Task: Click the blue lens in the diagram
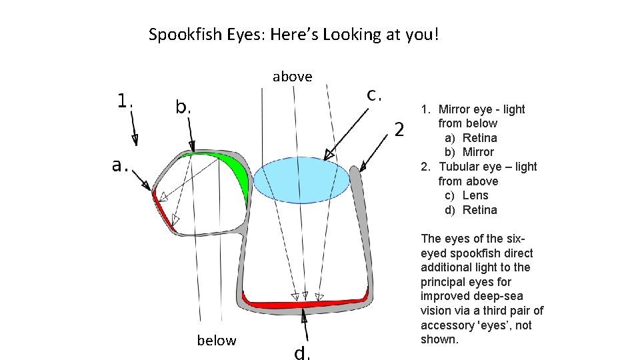[303, 179]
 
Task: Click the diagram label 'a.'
[120, 165]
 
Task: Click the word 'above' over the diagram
[292, 77]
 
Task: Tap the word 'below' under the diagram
[216, 341]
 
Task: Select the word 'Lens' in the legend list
[475, 195]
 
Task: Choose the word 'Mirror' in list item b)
[478, 152]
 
